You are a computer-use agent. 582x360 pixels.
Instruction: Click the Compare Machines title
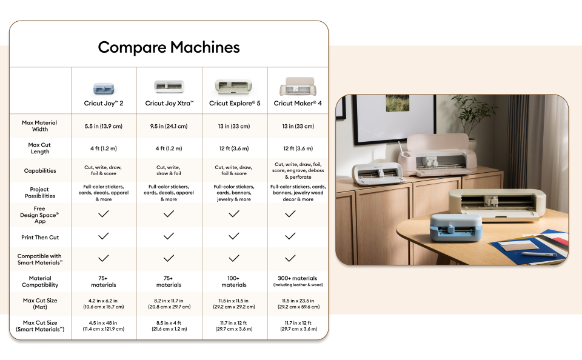pos(169,47)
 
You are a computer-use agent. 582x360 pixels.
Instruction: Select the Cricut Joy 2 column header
pos(104,103)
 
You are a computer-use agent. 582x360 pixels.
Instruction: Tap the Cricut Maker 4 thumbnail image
pos(298,86)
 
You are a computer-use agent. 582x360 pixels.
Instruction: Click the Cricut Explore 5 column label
pos(235,103)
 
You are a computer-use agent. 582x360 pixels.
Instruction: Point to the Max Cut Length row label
pos(40,148)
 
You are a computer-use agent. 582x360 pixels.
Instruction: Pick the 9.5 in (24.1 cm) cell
pos(169,126)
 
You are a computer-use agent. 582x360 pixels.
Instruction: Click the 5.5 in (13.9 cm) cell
pos(104,126)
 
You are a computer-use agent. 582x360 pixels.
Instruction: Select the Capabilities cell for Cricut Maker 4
pos(298,170)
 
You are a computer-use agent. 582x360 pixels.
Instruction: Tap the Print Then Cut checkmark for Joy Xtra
pos(169,236)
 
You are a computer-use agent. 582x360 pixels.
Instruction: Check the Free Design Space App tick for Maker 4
pos(290,214)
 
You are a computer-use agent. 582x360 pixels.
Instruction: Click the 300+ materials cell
pos(298,281)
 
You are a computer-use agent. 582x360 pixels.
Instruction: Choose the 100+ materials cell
pos(234,281)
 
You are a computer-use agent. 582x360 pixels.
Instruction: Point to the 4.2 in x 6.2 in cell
pos(104,304)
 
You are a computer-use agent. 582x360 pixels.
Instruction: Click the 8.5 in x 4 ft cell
pos(169,326)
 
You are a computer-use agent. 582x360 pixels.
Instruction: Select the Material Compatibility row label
pos(40,281)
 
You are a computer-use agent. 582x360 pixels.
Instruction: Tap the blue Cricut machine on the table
pos(456,227)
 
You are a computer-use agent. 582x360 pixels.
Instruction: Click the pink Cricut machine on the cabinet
pos(437,155)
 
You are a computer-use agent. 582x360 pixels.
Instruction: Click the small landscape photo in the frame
pos(398,103)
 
